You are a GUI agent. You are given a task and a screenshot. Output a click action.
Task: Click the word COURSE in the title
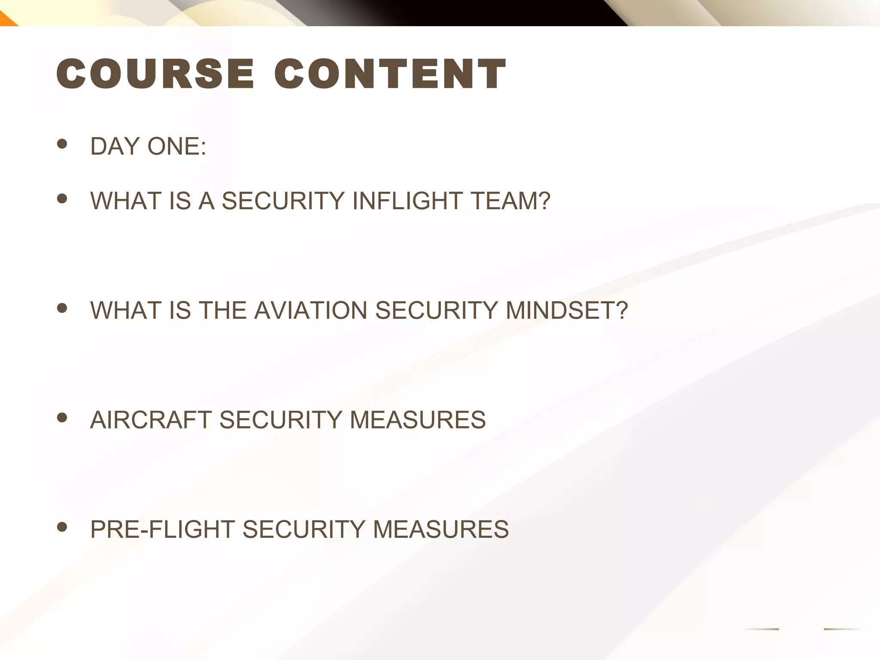coord(155,74)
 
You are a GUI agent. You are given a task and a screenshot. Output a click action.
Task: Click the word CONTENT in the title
coord(390,74)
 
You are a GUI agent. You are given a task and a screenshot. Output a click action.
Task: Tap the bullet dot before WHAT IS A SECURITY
coord(62,198)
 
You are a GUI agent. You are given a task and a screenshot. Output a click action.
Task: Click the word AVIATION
coord(310,310)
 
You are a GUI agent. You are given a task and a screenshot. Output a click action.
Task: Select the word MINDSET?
coord(567,310)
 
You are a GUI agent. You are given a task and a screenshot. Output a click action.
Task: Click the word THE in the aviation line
coord(222,310)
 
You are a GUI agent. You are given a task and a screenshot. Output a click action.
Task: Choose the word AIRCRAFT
coord(150,420)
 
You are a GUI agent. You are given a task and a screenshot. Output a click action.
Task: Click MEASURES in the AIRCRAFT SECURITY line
coord(418,420)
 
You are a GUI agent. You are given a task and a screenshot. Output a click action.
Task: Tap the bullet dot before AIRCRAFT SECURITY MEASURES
coord(62,417)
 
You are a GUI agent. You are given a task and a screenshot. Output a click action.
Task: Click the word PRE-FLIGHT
coord(162,529)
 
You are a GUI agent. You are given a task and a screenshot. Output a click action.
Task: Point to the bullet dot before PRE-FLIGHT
coord(62,527)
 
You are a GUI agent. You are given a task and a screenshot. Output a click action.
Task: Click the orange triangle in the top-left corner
coord(6,19)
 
